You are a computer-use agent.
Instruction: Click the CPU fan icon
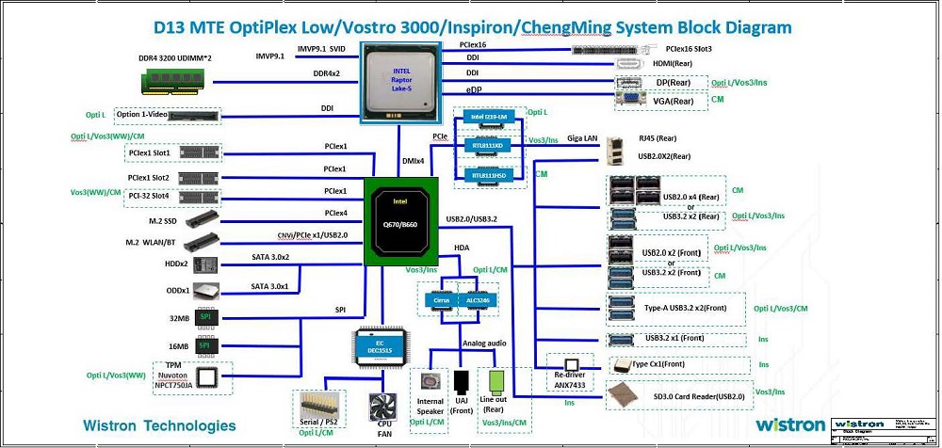point(382,407)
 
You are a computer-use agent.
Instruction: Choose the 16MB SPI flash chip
point(203,345)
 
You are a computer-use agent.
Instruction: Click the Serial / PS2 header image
point(318,405)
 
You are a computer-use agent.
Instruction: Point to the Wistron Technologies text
point(159,425)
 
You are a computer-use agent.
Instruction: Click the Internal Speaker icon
point(431,380)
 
